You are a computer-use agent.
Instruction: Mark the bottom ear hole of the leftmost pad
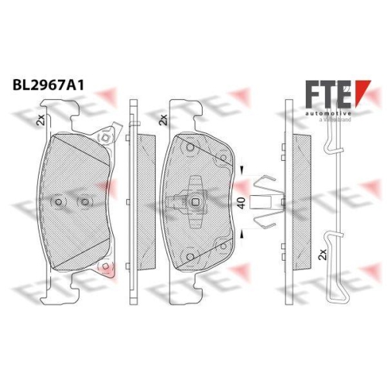tap(103, 268)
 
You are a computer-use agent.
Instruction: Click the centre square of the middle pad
tap(195, 204)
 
